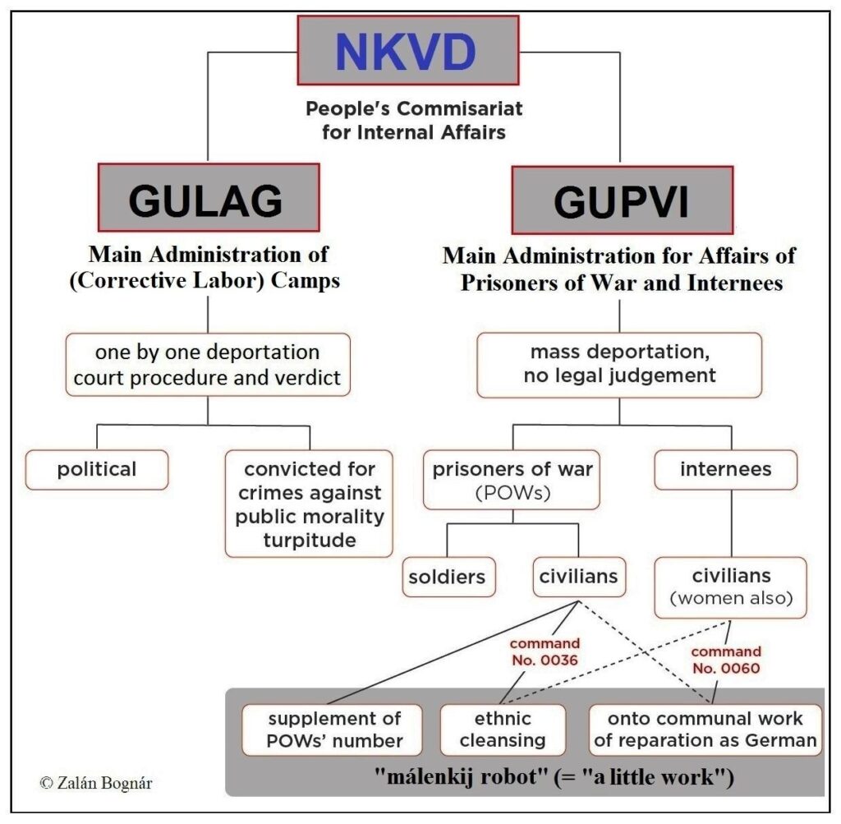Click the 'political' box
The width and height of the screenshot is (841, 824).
(x=97, y=470)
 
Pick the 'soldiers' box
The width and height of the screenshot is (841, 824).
(x=447, y=578)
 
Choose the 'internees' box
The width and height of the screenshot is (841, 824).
(x=725, y=470)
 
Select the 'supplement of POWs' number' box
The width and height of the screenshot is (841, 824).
(x=333, y=730)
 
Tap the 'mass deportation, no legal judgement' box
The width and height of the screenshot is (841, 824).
(x=619, y=365)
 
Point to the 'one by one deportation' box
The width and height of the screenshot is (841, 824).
(x=208, y=365)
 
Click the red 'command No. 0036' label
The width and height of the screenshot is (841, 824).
(x=544, y=651)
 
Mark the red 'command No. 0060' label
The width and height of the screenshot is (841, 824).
(x=726, y=660)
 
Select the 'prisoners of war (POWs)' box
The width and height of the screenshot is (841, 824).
(x=512, y=479)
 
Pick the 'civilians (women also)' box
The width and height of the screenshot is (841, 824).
(x=730, y=587)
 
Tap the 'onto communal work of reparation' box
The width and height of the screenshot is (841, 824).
(x=705, y=730)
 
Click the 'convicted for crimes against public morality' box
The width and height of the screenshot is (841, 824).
(x=309, y=504)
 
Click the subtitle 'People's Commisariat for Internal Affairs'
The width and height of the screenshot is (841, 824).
(x=414, y=120)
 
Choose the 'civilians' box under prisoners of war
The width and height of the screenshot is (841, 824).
(x=578, y=578)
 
